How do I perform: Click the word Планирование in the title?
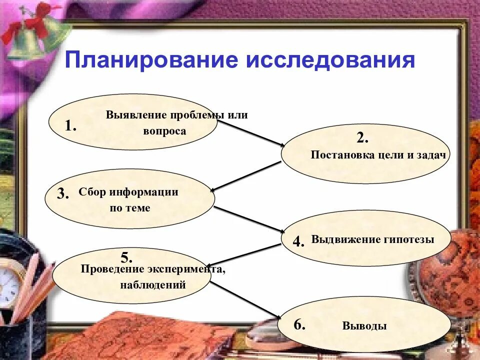[150, 60]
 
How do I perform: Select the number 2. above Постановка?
[362, 138]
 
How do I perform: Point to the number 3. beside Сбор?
[63, 194]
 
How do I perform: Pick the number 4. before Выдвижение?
[298, 242]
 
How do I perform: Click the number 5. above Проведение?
[126, 258]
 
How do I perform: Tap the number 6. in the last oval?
[299, 324]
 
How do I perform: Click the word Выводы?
[364, 326]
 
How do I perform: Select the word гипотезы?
[409, 239]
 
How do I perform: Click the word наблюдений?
[153, 285]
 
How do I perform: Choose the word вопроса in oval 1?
[164, 131]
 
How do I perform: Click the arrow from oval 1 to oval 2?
[250, 133]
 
